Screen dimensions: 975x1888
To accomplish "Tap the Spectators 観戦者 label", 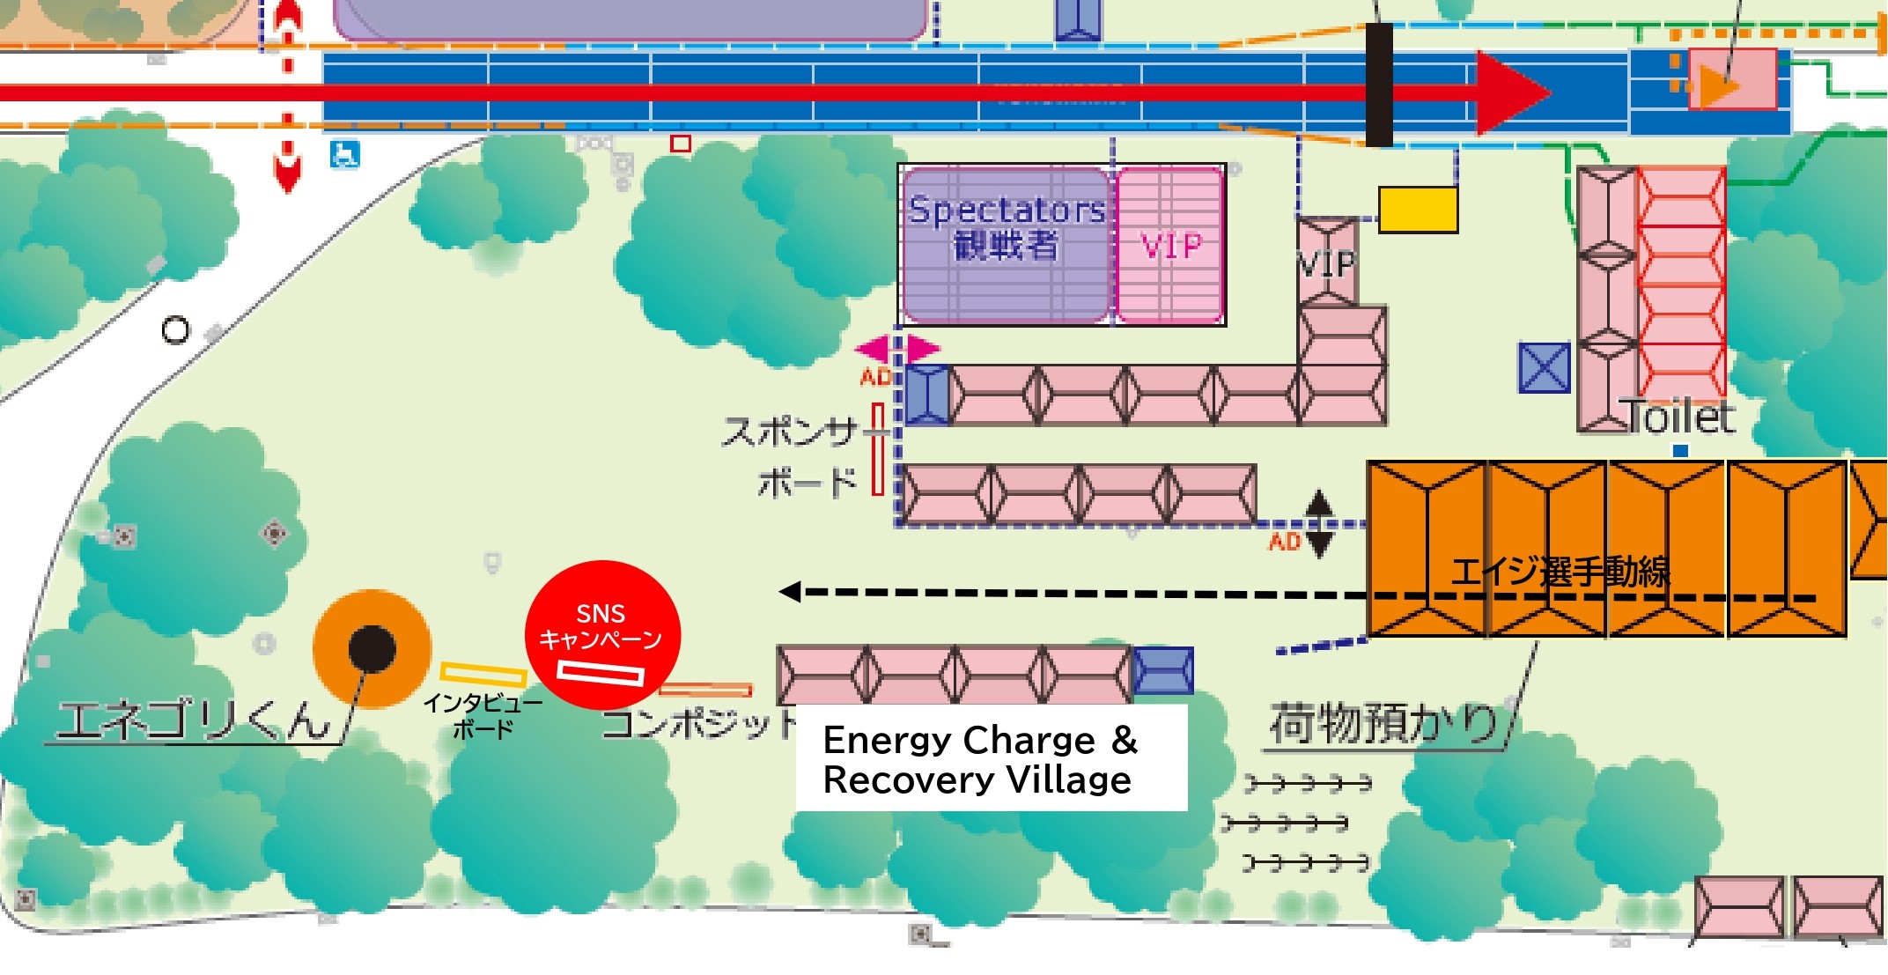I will pyautogui.click(x=1006, y=227).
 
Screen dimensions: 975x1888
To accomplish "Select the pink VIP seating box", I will pyautogui.click(x=1170, y=246).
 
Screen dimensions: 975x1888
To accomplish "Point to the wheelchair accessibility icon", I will pyautogui.click(x=344, y=154).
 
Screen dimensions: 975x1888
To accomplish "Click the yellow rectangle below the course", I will pyautogui.click(x=1418, y=210).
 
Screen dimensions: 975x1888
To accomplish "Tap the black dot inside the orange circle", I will pyautogui.click(x=372, y=649).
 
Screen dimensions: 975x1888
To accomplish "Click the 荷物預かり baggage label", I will pyautogui.click(x=1383, y=724).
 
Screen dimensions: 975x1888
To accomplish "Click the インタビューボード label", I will pyautogui.click(x=483, y=716).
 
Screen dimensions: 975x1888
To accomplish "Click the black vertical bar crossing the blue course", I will pyautogui.click(x=1379, y=85).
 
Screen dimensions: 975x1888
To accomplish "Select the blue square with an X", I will pyautogui.click(x=1544, y=367).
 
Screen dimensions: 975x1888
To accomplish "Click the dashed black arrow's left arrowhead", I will pyautogui.click(x=790, y=592).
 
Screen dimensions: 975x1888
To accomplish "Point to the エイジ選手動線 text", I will pyautogui.click(x=1560, y=572).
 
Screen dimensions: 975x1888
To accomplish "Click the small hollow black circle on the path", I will pyautogui.click(x=175, y=330).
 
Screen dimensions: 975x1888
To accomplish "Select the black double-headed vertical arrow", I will pyautogui.click(x=1318, y=524).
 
